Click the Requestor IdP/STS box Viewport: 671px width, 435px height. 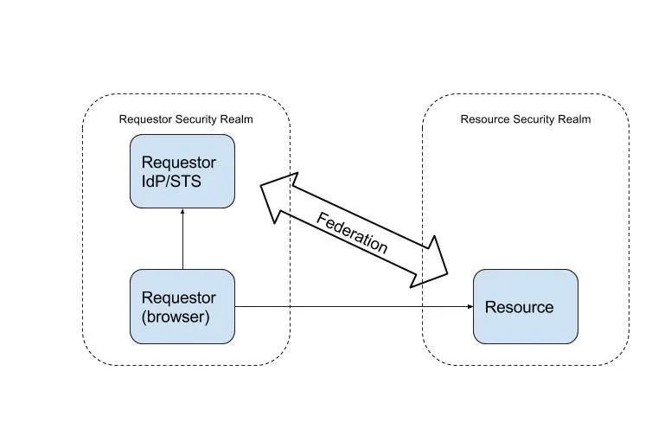point(182,171)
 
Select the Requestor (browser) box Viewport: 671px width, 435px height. point(182,306)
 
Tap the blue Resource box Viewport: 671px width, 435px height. point(526,306)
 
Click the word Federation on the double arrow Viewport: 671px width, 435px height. point(352,233)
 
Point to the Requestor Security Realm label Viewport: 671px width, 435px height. point(186,119)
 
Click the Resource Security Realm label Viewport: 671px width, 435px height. point(526,119)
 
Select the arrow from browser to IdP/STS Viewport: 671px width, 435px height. point(182,239)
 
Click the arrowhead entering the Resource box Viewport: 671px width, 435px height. point(470,306)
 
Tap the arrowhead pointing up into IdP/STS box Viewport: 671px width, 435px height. point(182,212)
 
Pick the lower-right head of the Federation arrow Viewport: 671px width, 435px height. point(430,263)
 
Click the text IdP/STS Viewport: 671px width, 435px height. point(171,182)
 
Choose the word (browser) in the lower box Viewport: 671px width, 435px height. point(176,317)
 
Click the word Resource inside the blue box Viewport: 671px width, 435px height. point(519,307)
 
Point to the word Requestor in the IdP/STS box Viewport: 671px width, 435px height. point(178,163)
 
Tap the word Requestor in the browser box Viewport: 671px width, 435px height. point(178,297)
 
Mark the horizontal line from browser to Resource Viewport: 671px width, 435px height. point(354,306)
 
